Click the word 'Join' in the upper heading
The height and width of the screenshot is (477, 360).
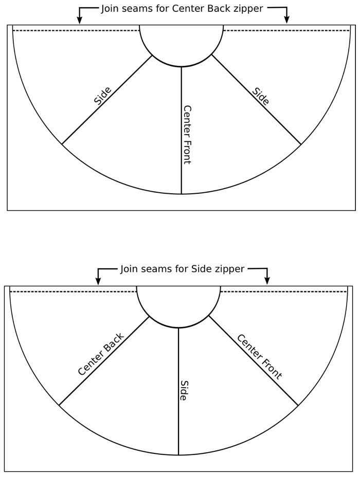tap(110, 9)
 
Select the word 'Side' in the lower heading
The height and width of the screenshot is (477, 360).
tap(202, 269)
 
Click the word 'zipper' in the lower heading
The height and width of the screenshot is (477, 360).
tap(229, 269)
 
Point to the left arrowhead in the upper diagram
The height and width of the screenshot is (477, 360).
tap(79, 20)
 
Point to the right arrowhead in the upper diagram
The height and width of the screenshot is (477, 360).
tap(286, 20)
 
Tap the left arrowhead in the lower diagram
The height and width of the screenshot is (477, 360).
tap(98, 281)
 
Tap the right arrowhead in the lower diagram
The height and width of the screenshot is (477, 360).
tap(267, 281)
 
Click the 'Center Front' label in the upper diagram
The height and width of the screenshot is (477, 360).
tap(187, 135)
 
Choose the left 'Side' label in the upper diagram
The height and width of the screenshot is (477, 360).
tap(102, 96)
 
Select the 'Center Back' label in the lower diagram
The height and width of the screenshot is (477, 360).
tap(101, 354)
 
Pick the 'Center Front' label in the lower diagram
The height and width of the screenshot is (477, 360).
tap(260, 357)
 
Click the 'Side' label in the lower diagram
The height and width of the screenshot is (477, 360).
tap(184, 390)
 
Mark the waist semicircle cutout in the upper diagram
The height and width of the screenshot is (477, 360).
tap(182, 66)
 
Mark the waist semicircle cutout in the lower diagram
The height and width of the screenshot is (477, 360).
tap(178, 327)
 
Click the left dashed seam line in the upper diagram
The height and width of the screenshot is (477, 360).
tap(76, 30)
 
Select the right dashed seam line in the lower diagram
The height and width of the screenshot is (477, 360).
tap(283, 292)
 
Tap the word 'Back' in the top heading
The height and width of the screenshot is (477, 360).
tap(219, 8)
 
